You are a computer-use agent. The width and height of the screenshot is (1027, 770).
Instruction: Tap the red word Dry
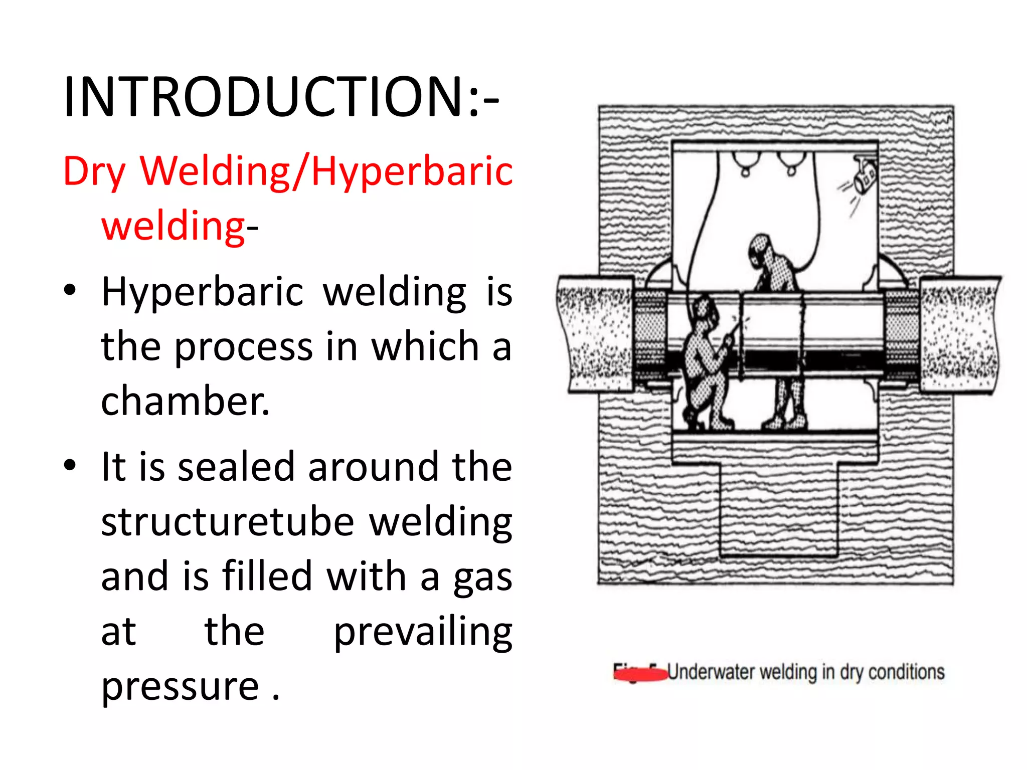(94, 172)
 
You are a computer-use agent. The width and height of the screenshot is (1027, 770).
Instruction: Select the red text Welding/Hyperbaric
(326, 171)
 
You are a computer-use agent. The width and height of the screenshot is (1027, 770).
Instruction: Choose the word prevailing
(423, 632)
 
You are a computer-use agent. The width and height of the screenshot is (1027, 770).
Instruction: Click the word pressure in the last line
(180, 686)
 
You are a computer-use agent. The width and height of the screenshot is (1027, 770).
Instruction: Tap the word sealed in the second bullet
(236, 467)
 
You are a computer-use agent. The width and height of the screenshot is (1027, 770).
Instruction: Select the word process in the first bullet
(243, 346)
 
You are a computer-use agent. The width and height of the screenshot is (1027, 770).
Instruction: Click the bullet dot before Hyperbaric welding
(70, 290)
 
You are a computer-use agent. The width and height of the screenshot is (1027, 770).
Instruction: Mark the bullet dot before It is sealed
(70, 465)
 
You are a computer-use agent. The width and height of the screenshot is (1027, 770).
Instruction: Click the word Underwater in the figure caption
(711, 672)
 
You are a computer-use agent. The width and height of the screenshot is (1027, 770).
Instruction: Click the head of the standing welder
(761, 249)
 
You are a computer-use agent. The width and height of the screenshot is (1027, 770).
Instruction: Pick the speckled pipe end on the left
(596, 333)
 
